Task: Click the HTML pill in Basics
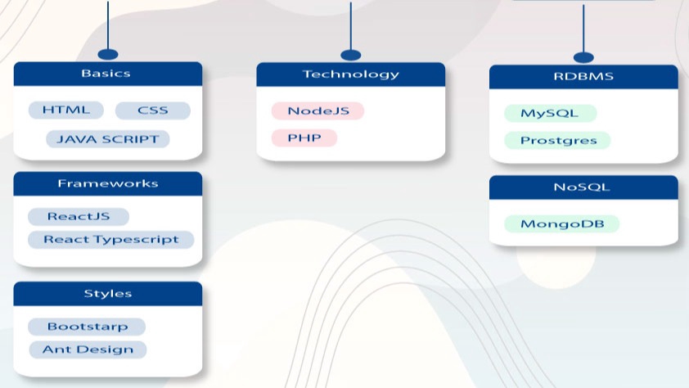pos(66,110)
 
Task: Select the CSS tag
pos(153,111)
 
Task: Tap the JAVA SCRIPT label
pos(108,139)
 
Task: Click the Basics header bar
pos(108,74)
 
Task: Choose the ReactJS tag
pos(79,217)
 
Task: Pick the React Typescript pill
pos(111,240)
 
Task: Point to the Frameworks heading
pos(108,183)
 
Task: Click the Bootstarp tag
pos(87,327)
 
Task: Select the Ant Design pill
pos(88,350)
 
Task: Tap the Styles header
pos(108,294)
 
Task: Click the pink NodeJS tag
pos(317,111)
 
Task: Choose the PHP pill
pos(304,138)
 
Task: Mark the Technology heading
pos(351,74)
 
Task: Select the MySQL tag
pos(551,113)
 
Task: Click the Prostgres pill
pos(557,141)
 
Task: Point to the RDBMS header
pos(583,77)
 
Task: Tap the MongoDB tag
pos(562,224)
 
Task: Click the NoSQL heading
pos(583,187)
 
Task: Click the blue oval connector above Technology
pos(351,56)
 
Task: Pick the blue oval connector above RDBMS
pos(583,57)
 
